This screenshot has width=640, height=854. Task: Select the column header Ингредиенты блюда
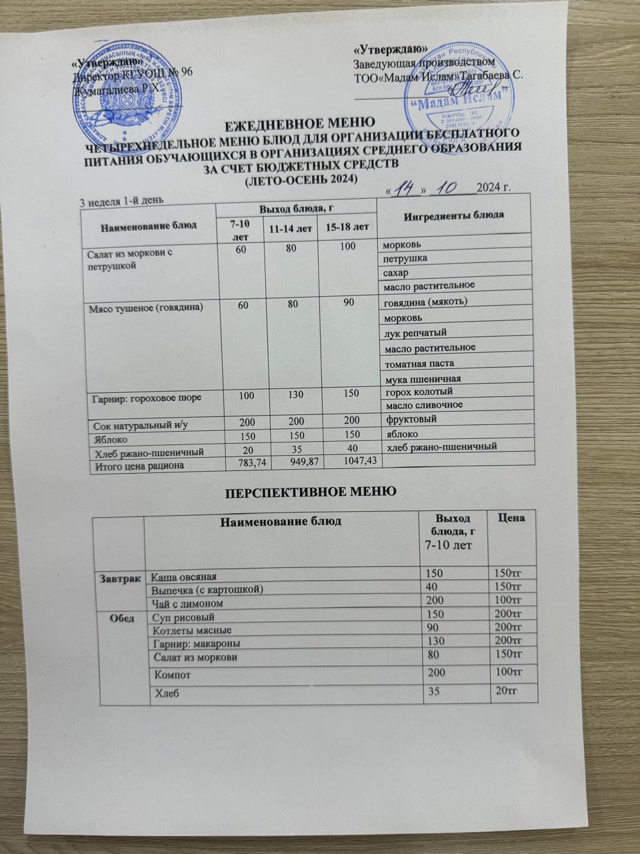pos(453,214)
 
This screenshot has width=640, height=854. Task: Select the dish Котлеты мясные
pos(193,630)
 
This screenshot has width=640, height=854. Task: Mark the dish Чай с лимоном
pos(187,603)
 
